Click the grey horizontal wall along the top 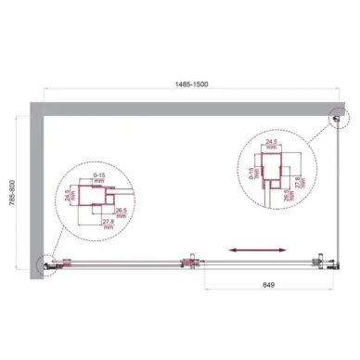[x=186, y=109]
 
